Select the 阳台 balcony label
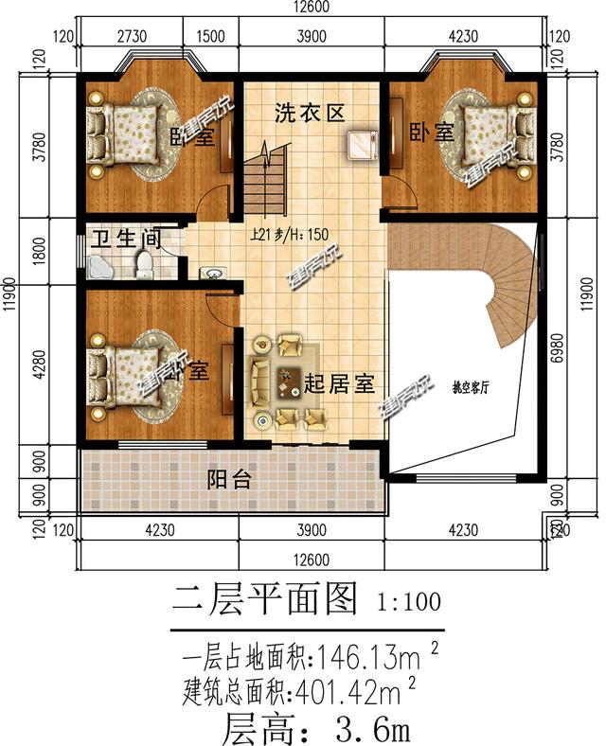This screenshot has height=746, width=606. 230,480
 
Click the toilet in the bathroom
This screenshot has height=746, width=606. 144,264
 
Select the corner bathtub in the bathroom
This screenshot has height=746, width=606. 101,266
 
